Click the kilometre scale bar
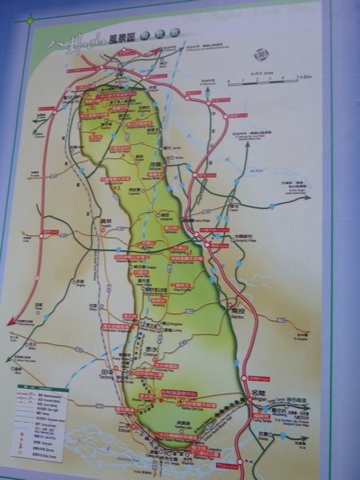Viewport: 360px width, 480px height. click(x=263, y=80)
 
